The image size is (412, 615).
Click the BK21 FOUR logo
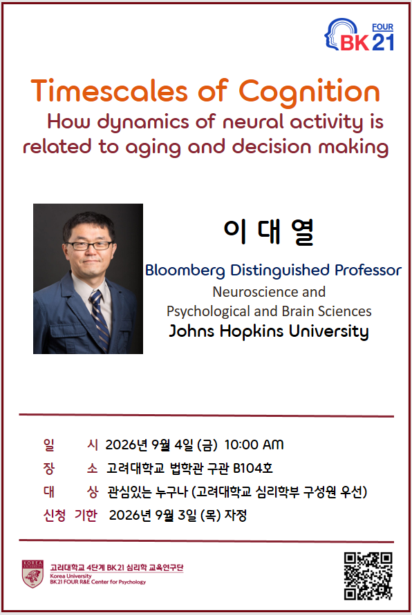[x=359, y=35]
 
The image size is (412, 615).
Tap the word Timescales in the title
[x=109, y=91]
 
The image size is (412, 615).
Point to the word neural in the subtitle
[x=253, y=121]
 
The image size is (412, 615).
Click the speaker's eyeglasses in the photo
[x=89, y=246]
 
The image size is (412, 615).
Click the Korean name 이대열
[x=269, y=232]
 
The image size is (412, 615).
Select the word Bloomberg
[x=185, y=271]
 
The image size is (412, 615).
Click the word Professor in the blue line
[x=368, y=270]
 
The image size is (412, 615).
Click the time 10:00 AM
[x=254, y=445]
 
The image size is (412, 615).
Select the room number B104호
[x=252, y=468]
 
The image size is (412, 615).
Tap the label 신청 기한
[x=70, y=515]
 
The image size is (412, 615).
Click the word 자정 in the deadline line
[x=235, y=515]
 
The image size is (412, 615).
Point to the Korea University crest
[x=32, y=574]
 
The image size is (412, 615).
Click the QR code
[x=368, y=576]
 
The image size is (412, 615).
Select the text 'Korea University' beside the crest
[x=71, y=576]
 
